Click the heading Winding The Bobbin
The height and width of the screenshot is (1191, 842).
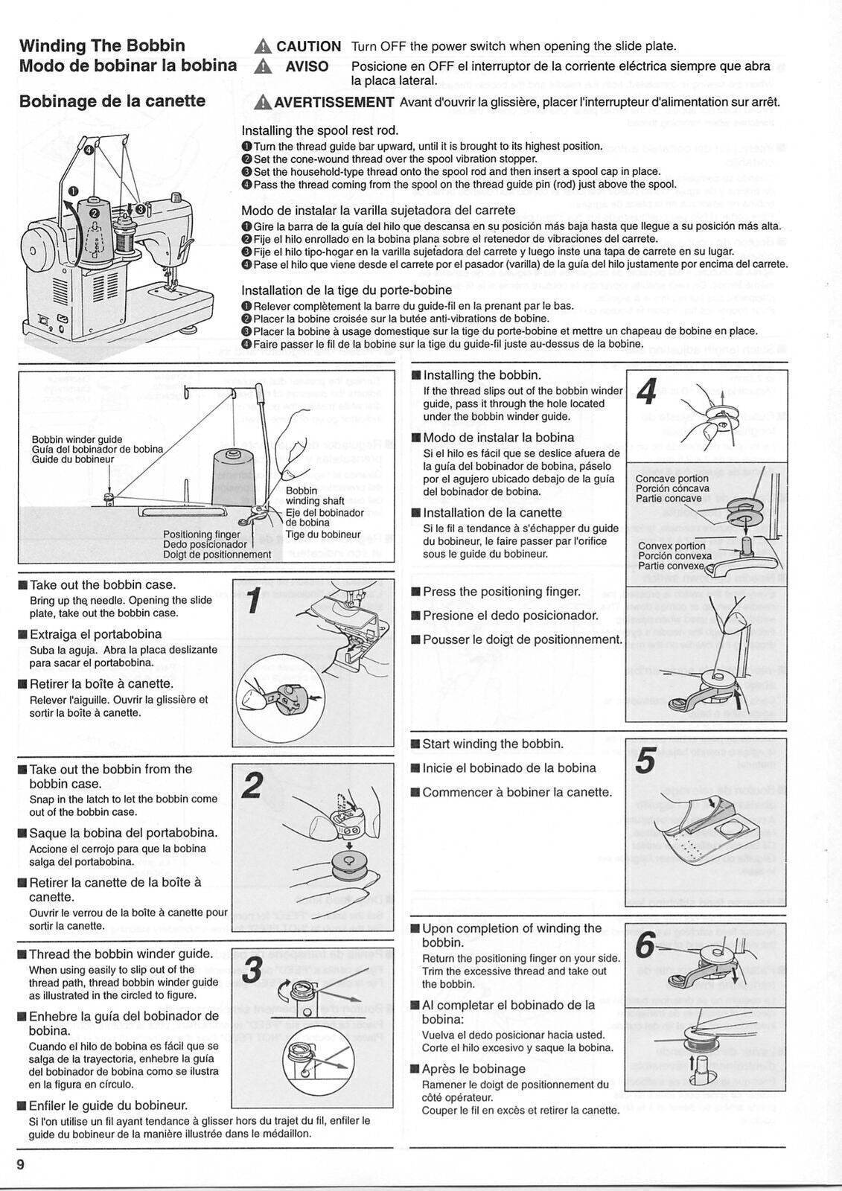point(102,45)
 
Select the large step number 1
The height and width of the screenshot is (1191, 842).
point(254,601)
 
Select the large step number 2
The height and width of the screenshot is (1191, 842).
point(253,786)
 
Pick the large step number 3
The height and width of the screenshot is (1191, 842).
point(253,970)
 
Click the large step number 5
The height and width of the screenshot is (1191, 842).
point(645,761)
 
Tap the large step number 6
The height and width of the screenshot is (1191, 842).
point(645,945)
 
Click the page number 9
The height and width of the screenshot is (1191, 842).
point(22,1163)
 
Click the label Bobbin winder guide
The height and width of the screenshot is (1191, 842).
point(77,439)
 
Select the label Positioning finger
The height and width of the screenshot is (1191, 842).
point(202,534)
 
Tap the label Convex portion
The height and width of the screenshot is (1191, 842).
point(672,546)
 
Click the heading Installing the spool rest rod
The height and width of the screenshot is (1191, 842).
point(320,130)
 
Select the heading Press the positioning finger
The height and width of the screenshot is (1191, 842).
point(502,591)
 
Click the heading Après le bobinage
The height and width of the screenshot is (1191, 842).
point(473,1068)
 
